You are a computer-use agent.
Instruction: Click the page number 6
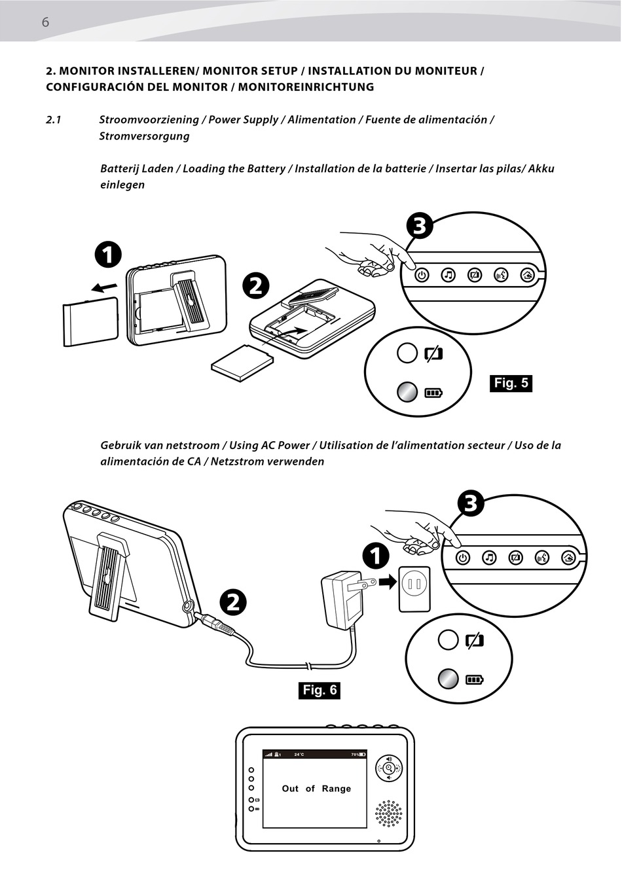[45, 22]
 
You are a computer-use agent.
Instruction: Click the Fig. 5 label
[511, 383]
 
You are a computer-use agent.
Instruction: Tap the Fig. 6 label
[319, 690]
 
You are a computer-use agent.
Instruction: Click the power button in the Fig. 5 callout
[422, 275]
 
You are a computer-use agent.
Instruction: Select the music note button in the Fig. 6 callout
[489, 558]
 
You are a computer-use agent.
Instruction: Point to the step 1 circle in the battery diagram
[107, 254]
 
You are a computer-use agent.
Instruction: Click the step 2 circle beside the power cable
[233, 602]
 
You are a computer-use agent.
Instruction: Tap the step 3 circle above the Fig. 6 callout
[470, 503]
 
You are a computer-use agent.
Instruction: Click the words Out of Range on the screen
[316, 789]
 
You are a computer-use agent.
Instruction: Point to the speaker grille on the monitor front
[389, 813]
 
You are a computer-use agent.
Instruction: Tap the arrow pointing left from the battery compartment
[105, 287]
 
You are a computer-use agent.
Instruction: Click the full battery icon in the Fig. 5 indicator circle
[433, 393]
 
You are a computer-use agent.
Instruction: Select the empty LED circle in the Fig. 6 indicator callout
[448, 639]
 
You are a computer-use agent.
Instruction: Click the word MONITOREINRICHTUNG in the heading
[306, 87]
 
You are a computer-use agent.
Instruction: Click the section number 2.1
[54, 120]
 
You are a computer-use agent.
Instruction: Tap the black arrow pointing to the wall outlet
[388, 581]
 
